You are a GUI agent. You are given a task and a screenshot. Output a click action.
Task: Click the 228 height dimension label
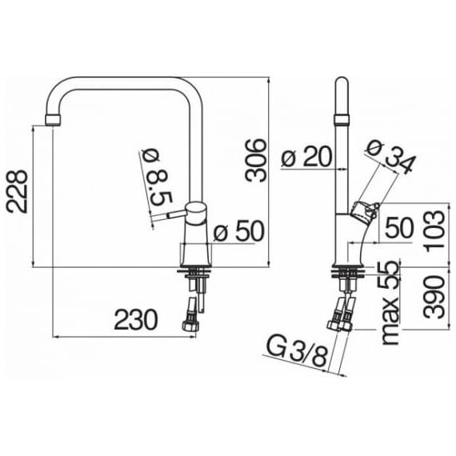coord(17,192)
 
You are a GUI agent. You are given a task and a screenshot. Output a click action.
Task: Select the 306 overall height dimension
coord(255,161)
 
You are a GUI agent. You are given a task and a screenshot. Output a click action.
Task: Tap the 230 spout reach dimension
coord(136,319)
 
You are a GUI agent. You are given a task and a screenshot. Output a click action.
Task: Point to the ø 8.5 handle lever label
coord(158,178)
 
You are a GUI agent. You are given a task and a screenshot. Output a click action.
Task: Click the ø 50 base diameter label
coord(238,230)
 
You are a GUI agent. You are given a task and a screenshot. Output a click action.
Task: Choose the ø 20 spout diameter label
coord(306,157)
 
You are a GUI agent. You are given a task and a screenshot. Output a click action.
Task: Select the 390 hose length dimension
coord(434,297)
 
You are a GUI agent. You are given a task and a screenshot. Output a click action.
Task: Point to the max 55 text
coord(390,302)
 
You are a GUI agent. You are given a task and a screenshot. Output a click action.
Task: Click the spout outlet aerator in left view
coord(54,120)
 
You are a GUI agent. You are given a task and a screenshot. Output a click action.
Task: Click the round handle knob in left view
coord(196,213)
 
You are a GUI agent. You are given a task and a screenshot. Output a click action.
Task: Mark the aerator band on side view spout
coord(342,119)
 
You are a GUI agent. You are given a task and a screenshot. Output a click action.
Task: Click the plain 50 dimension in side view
coord(399,227)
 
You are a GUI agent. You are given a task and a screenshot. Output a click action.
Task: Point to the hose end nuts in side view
coord(340,325)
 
